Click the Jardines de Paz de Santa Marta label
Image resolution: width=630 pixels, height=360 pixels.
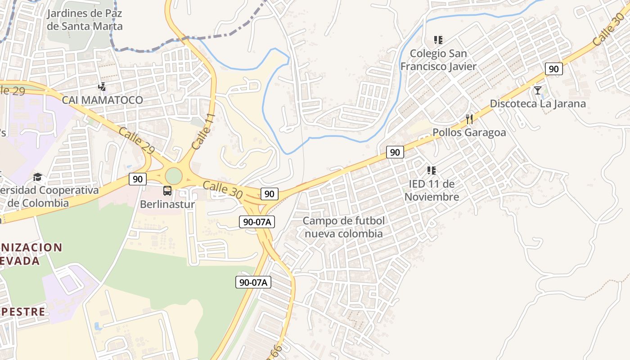(x=85, y=20)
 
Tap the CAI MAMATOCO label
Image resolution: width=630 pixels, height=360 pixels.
(x=102, y=100)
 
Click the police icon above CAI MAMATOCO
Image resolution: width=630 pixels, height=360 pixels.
(x=102, y=86)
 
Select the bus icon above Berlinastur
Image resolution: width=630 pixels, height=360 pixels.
(x=167, y=191)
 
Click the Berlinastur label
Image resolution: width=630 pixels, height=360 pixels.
(x=167, y=204)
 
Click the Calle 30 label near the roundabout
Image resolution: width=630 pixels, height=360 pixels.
(x=223, y=189)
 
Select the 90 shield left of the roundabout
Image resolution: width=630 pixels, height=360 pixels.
(x=138, y=179)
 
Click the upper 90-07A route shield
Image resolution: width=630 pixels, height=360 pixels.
(x=257, y=222)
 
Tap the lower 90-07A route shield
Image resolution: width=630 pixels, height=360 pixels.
(x=253, y=283)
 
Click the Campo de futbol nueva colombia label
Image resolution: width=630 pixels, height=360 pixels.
(x=344, y=227)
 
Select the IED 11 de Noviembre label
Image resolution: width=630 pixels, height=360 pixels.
(x=432, y=190)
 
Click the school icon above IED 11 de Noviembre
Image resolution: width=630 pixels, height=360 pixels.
(x=432, y=171)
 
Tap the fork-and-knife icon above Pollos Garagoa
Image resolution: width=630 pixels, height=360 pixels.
(x=469, y=119)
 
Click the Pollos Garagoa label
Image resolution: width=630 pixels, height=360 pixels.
(x=469, y=132)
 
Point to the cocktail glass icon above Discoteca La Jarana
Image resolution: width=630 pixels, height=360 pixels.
(x=538, y=90)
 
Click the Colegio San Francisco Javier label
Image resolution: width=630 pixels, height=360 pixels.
(x=438, y=60)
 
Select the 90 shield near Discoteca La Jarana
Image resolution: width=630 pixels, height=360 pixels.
(x=553, y=69)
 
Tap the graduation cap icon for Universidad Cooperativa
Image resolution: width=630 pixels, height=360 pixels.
(x=38, y=177)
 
